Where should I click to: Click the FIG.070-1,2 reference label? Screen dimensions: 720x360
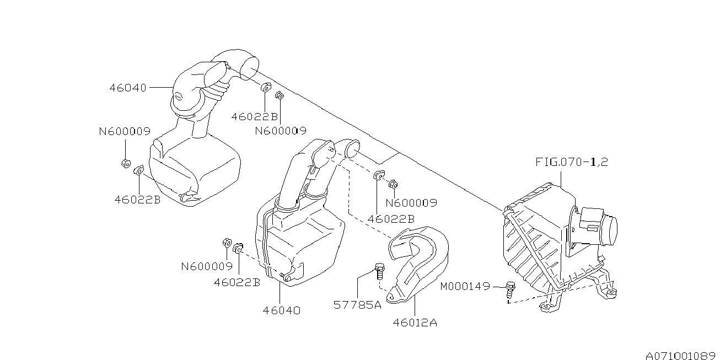(572, 162)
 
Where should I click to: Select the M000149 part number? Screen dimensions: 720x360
(465, 286)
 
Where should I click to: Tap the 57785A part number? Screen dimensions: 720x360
(357, 305)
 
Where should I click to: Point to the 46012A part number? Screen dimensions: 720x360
(415, 323)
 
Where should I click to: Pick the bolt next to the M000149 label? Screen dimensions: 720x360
(510, 290)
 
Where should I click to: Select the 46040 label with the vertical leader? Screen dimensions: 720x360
(281, 310)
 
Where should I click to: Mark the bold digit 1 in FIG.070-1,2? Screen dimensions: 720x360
(593, 162)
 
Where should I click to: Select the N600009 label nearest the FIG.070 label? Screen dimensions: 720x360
(411, 203)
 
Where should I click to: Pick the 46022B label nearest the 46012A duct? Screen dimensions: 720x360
(391, 219)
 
